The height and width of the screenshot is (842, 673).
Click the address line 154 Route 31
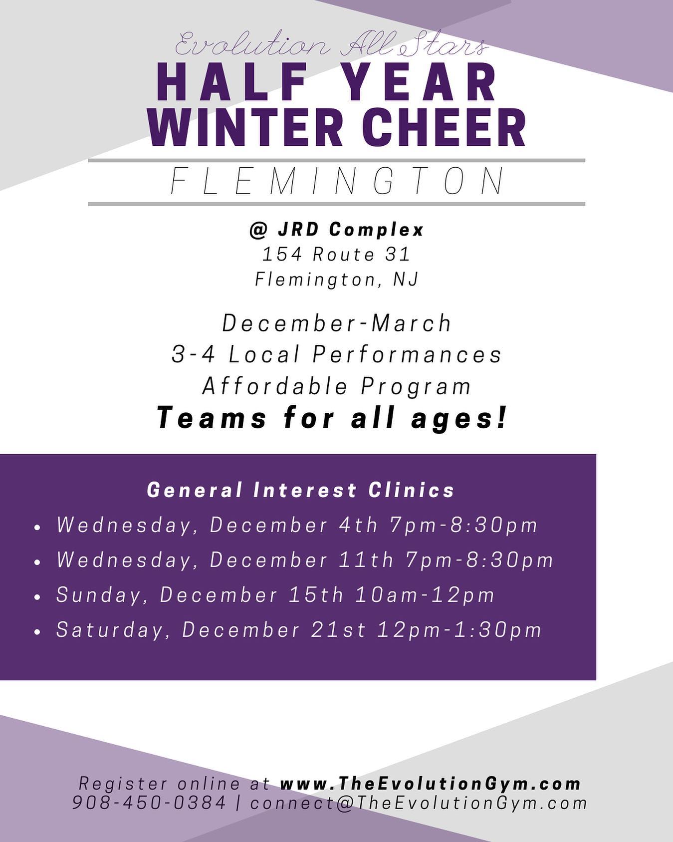[x=336, y=255]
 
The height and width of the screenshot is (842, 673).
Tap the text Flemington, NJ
[x=337, y=279]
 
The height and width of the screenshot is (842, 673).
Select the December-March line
[x=337, y=323]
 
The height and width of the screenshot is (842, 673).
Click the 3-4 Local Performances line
[x=337, y=354]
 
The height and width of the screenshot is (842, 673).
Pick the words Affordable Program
[x=337, y=386]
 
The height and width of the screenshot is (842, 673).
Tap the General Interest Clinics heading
[x=301, y=490]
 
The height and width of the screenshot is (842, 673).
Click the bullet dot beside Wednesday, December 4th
[x=37, y=527]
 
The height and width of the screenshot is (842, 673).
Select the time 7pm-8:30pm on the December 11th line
[x=480, y=560]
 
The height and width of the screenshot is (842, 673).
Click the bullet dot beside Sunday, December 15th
[x=37, y=596]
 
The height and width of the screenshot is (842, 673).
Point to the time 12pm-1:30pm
[x=459, y=630]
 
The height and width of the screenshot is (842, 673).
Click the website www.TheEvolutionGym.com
[x=431, y=783]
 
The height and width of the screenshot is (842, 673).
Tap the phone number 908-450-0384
[x=149, y=803]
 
